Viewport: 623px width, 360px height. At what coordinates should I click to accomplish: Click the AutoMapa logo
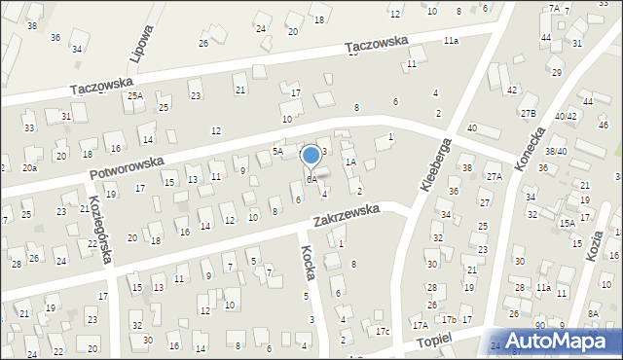565,341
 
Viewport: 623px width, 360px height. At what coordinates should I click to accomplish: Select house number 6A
311,180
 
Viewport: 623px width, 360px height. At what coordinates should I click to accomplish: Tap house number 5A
277,152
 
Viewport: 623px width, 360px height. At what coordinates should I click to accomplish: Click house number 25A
135,95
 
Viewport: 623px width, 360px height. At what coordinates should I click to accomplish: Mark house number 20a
30,168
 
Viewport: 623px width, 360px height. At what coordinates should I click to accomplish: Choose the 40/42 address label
566,117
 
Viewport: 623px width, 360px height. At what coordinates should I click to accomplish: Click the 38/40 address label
556,151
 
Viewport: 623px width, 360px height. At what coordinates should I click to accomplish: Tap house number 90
539,325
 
